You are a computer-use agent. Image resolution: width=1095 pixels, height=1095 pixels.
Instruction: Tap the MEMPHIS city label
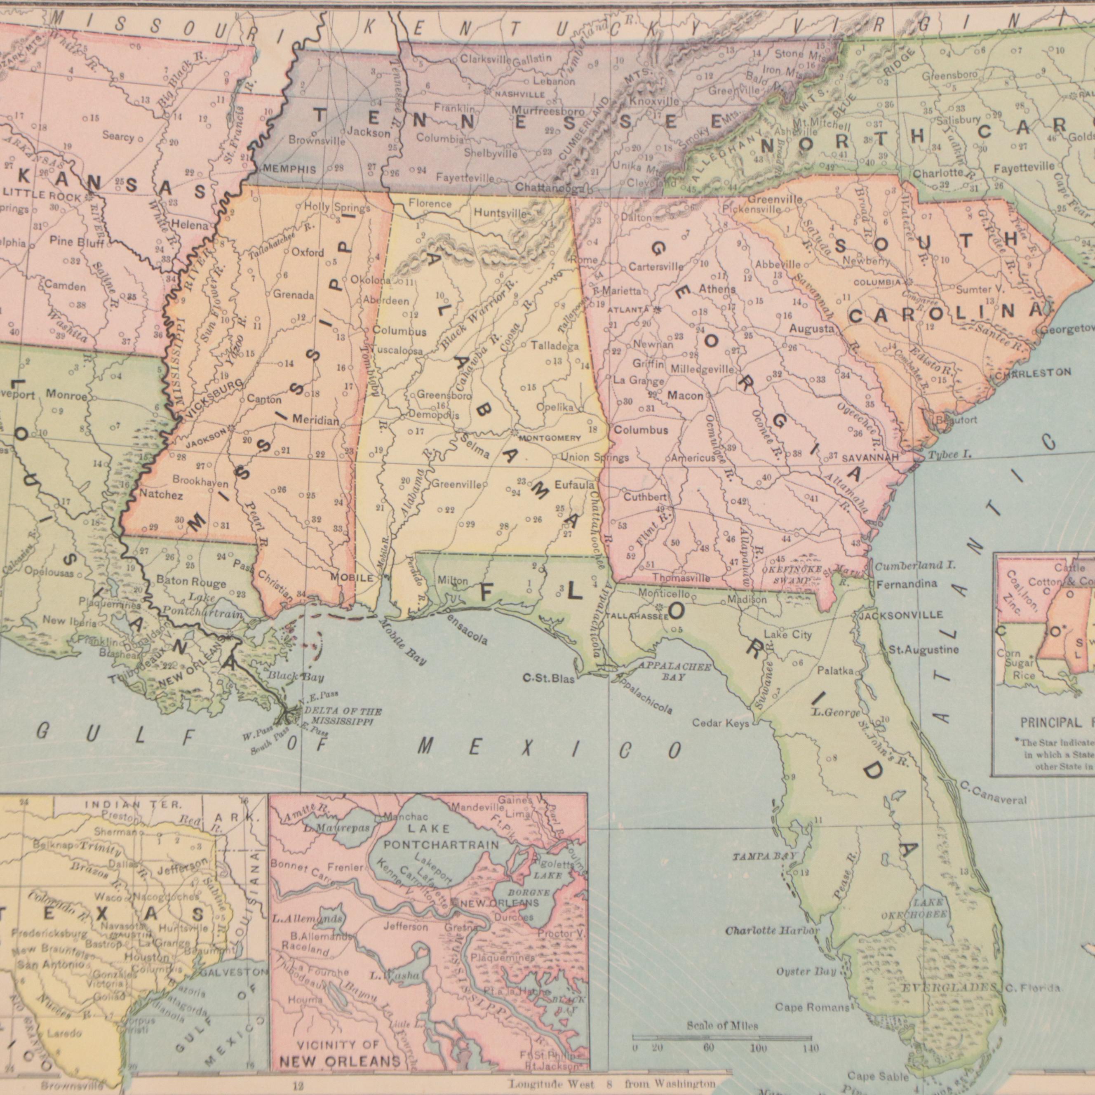click(x=289, y=169)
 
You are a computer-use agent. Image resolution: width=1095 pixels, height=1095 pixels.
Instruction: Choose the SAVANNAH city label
click(x=870, y=457)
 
